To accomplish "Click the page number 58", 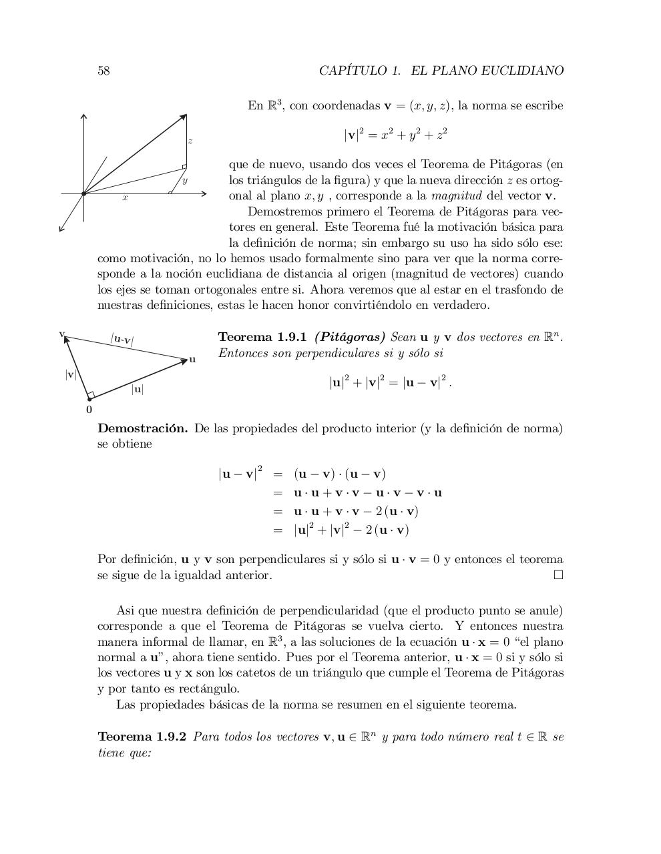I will pos(103,71).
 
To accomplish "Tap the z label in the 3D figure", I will pos(190,141).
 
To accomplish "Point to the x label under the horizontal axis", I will pos(125,198).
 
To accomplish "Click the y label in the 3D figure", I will pos(185,180).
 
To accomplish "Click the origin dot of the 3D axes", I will pos(83,194).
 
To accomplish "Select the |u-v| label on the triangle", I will pos(122,340).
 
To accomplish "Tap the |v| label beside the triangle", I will pos(70,374).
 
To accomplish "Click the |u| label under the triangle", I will pos(138,389).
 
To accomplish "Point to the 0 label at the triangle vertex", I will pos(89,410).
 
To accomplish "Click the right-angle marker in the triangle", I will pos(91,395).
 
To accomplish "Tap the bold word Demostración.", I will pos(142,428).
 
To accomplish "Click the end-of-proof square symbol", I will pos(558,574).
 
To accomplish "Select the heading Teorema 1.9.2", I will pos(142,737).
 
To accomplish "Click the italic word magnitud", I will pos(457,196).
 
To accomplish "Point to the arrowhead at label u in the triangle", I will pos(184,361).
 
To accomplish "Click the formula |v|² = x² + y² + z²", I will pos(395,135).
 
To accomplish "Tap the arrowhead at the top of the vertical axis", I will pos(83,117).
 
